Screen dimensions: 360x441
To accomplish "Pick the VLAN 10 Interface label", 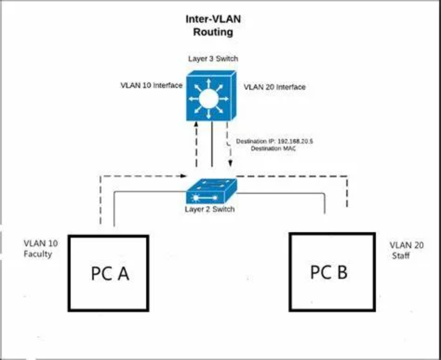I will tap(152, 85).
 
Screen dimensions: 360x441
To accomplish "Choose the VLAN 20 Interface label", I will tap(274, 86).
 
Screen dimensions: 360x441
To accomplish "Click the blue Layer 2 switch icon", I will tap(212, 190).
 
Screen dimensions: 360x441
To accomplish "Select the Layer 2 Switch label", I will tap(210, 209).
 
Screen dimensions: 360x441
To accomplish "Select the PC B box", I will tap(328, 272).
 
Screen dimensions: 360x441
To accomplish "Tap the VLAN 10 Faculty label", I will tap(38, 248).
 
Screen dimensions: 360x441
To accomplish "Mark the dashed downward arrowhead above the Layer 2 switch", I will tap(230, 163).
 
